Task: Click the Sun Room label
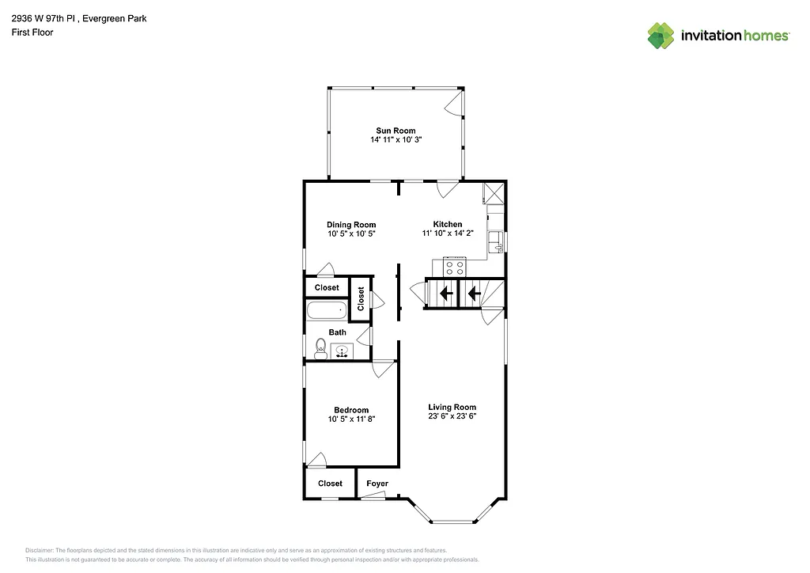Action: (x=396, y=131)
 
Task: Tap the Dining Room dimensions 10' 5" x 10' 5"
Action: (x=351, y=234)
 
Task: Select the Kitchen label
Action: (x=447, y=224)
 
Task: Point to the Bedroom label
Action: (x=351, y=410)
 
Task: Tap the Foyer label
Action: (x=377, y=484)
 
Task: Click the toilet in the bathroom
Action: (x=320, y=348)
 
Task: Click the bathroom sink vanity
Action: (x=343, y=351)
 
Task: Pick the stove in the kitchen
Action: (x=456, y=268)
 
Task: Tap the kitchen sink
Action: (x=496, y=241)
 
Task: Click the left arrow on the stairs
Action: (x=446, y=294)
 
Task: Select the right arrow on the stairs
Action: (x=473, y=294)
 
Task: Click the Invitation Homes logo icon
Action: (x=660, y=36)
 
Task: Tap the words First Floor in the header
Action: (x=32, y=32)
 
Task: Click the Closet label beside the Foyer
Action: (x=330, y=484)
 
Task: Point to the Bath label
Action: (x=338, y=332)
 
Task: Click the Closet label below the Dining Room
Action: (x=327, y=288)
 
